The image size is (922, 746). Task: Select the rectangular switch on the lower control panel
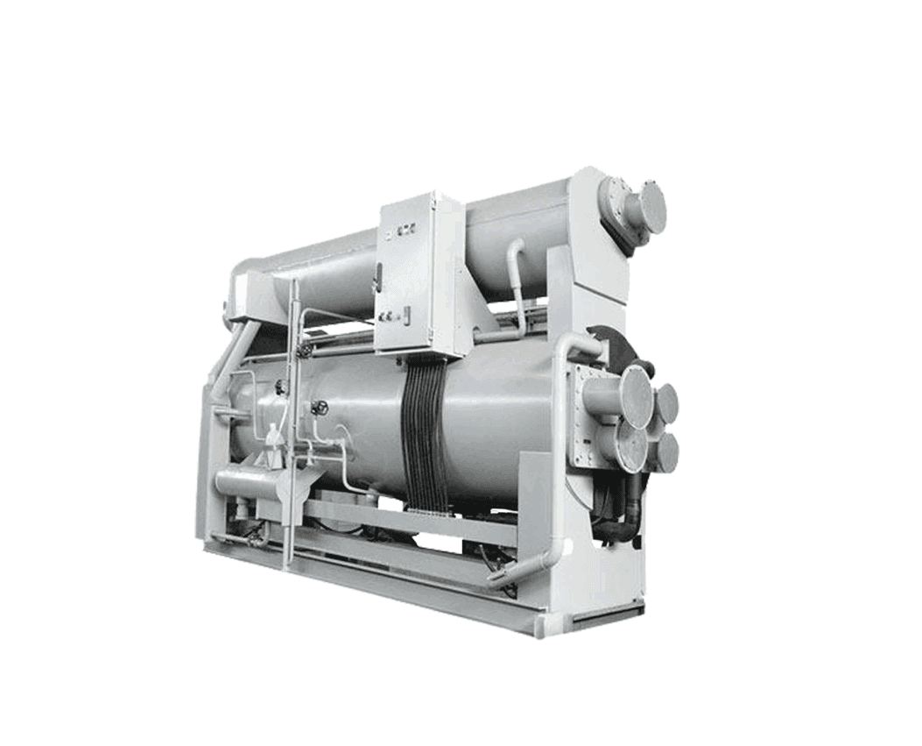coord(405,312)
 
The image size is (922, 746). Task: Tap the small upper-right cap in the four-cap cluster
coord(667,402)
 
